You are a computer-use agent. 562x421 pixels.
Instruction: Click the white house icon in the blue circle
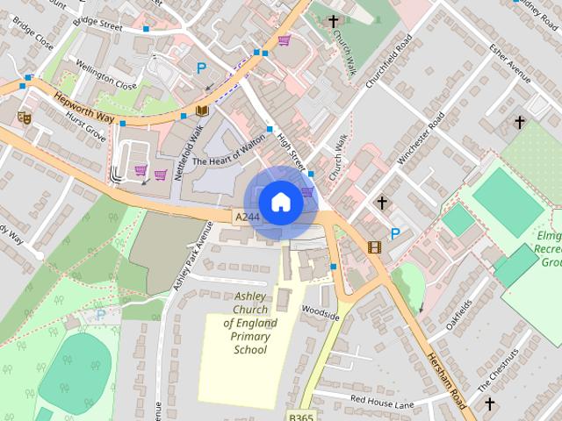pyautogui.click(x=280, y=203)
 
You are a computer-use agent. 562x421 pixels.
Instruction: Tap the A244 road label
pyautogui.click(x=247, y=216)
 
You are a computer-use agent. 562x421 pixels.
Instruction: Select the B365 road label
pyautogui.click(x=301, y=416)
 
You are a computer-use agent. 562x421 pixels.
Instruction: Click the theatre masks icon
pyautogui.click(x=24, y=116)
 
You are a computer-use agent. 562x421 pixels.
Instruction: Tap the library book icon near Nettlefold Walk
pyautogui.click(x=203, y=111)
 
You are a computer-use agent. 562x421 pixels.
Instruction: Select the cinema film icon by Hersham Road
pyautogui.click(x=375, y=247)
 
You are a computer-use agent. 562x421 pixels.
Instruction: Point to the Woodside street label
pyautogui.click(x=320, y=311)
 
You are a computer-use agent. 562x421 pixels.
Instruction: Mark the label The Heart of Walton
pyautogui.click(x=228, y=161)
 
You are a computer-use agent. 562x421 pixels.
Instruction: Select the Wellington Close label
pyautogui.click(x=105, y=79)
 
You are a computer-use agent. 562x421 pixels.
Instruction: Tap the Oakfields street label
pyautogui.click(x=458, y=311)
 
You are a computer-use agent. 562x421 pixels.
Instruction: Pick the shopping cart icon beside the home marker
pyautogui.click(x=306, y=191)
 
